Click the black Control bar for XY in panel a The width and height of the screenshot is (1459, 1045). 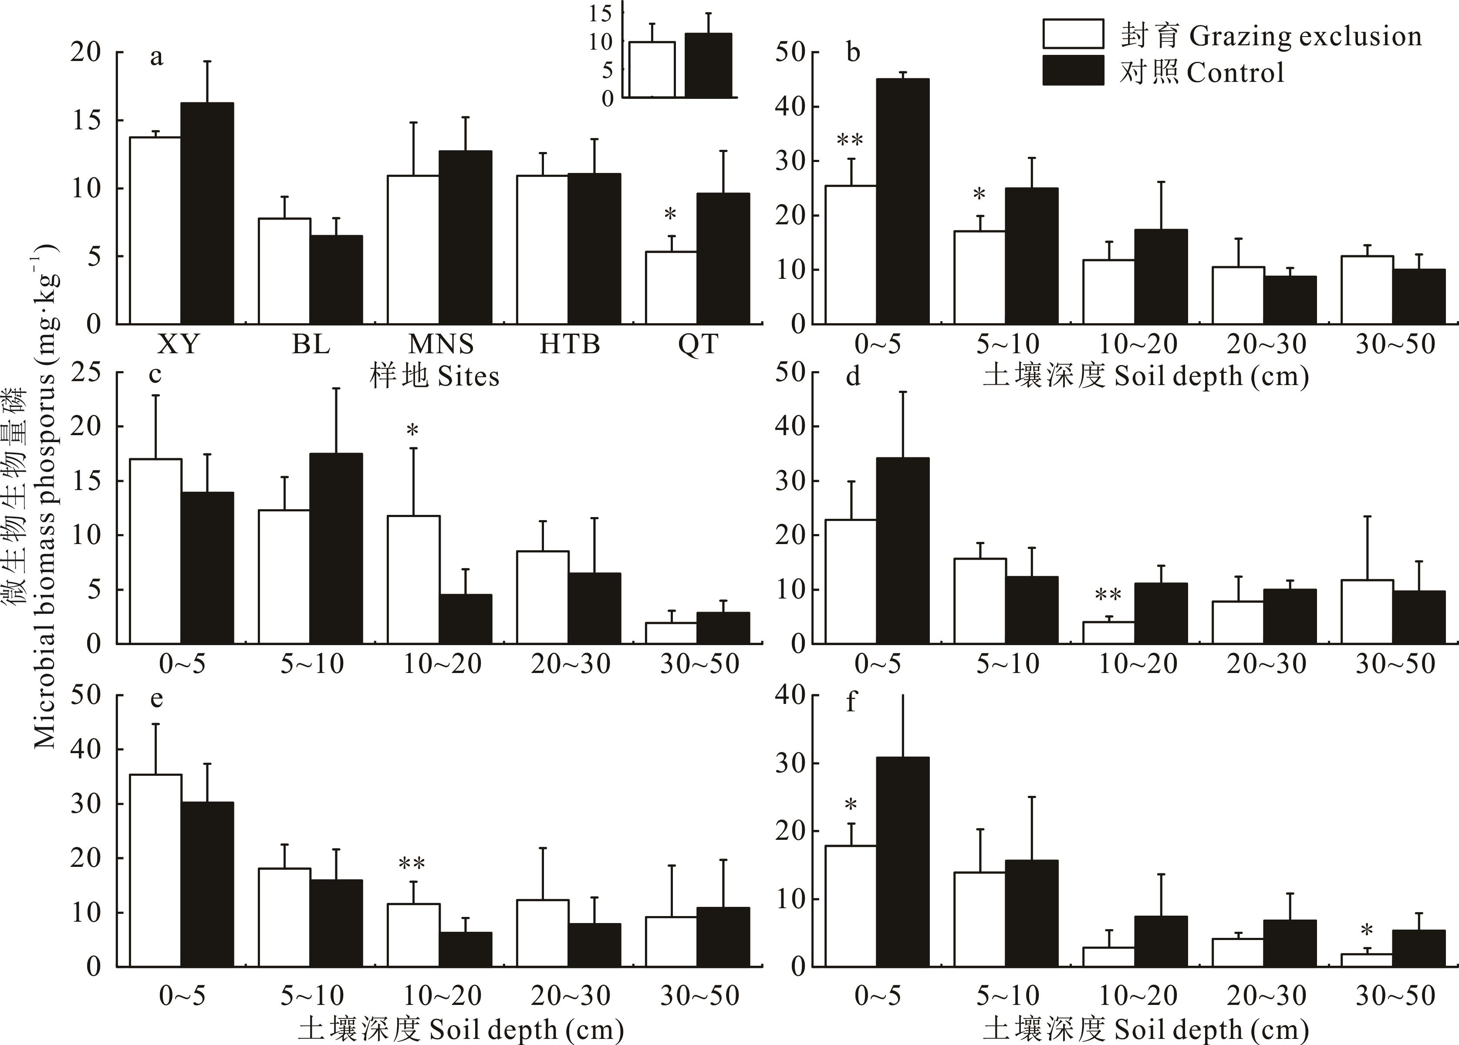[x=207, y=213]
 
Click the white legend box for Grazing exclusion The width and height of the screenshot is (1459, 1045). [x=1073, y=34]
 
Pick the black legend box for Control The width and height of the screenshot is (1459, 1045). [x=1073, y=70]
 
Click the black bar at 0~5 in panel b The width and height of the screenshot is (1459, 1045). [x=902, y=201]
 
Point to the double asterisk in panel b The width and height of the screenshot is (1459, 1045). [x=850, y=140]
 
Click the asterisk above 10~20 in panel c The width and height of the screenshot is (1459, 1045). [x=413, y=430]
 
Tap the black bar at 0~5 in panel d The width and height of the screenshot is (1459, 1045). [x=902, y=550]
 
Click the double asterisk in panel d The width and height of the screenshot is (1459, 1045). [x=1108, y=595]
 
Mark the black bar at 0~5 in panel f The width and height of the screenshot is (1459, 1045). [x=902, y=862]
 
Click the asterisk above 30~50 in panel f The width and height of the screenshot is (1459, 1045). [x=1366, y=930]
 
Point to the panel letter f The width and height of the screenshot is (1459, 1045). [x=851, y=701]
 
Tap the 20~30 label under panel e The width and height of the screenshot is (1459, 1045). [x=571, y=996]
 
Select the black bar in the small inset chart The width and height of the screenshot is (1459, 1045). [x=708, y=66]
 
